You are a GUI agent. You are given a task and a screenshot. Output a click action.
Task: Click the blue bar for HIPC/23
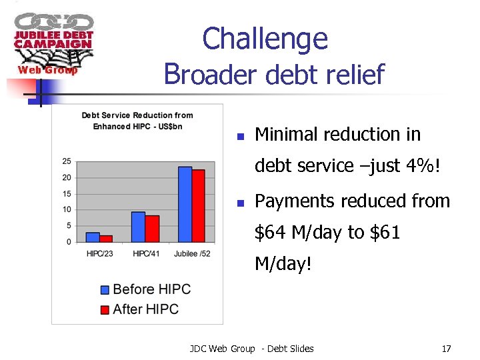click(x=93, y=237)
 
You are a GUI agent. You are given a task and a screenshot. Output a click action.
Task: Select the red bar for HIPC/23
click(x=106, y=239)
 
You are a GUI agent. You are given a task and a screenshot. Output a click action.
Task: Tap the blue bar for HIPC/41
click(x=139, y=227)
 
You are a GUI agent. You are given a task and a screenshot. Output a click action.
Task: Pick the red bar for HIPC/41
click(x=152, y=229)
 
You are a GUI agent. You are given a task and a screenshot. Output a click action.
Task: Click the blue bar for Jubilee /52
click(x=185, y=204)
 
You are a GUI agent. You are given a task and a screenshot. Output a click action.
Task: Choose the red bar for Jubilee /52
click(x=198, y=205)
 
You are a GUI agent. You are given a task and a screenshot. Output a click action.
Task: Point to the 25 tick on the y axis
click(x=67, y=161)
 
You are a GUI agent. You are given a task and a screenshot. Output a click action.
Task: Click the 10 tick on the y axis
click(x=67, y=209)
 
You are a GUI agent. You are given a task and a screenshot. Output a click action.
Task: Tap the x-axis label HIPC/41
click(x=145, y=253)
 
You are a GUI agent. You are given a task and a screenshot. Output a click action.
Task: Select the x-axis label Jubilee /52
click(x=191, y=253)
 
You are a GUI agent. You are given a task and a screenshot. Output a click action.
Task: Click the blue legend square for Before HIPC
click(x=105, y=289)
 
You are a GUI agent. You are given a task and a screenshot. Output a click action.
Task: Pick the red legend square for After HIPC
click(x=105, y=309)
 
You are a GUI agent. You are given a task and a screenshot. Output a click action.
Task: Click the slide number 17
click(x=446, y=349)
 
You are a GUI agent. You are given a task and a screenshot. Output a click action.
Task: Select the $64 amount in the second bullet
click(x=271, y=233)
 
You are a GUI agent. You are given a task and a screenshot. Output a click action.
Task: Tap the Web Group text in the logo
click(x=47, y=70)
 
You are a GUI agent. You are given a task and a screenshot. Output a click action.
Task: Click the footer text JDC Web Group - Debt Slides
click(x=251, y=349)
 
